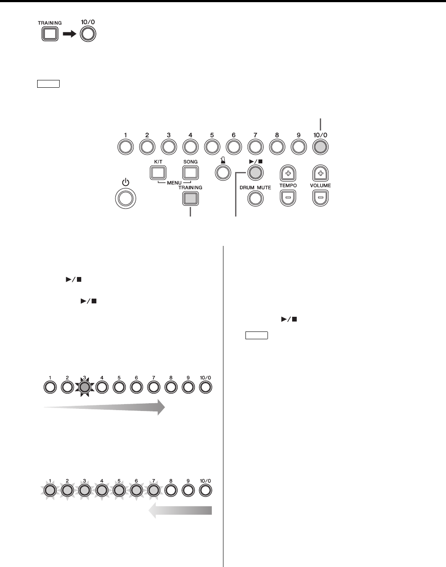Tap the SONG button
190,172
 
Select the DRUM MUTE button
255,198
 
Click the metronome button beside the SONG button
223,172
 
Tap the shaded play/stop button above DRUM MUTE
255,172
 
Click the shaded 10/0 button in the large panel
320,147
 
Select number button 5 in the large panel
212,147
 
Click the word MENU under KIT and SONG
174,182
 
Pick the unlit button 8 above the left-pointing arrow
171,491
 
